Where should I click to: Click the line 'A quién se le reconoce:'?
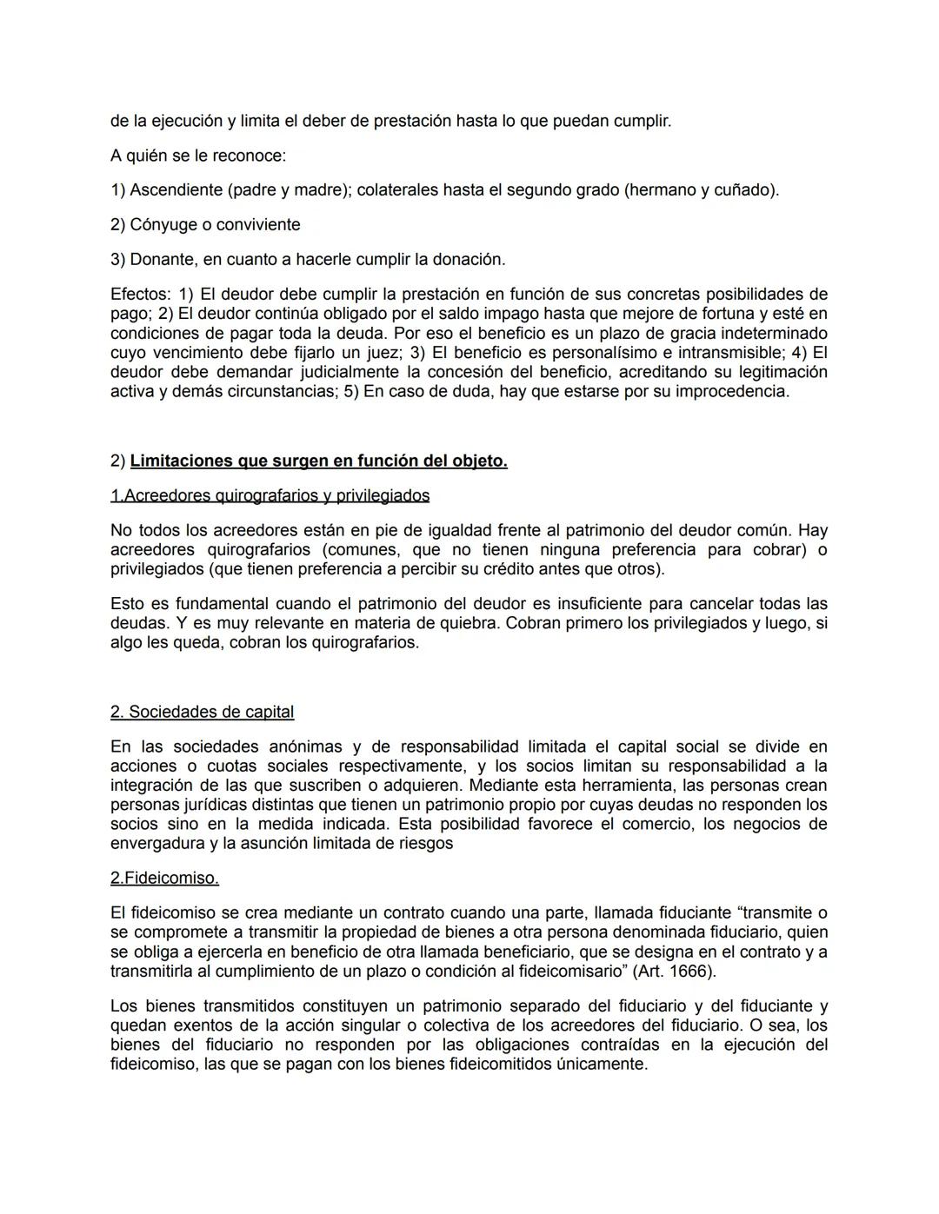tap(197, 156)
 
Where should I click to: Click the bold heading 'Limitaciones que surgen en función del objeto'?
tap(318, 461)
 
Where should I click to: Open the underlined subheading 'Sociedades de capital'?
tap(202, 712)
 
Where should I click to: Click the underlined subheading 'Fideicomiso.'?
tap(164, 878)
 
